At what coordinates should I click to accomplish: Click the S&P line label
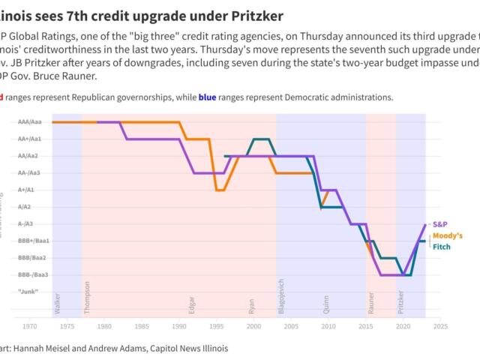click(441, 224)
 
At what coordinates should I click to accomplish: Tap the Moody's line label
click(448, 235)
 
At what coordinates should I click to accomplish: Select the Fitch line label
click(442, 247)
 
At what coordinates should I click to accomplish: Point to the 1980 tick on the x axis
click(104, 326)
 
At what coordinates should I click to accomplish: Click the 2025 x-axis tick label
click(440, 326)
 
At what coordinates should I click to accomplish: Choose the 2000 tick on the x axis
click(253, 326)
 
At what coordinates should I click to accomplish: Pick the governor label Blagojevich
click(282, 295)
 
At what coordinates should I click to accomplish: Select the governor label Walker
click(58, 301)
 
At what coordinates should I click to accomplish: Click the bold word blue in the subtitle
click(208, 97)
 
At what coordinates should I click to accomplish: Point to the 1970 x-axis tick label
click(30, 326)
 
